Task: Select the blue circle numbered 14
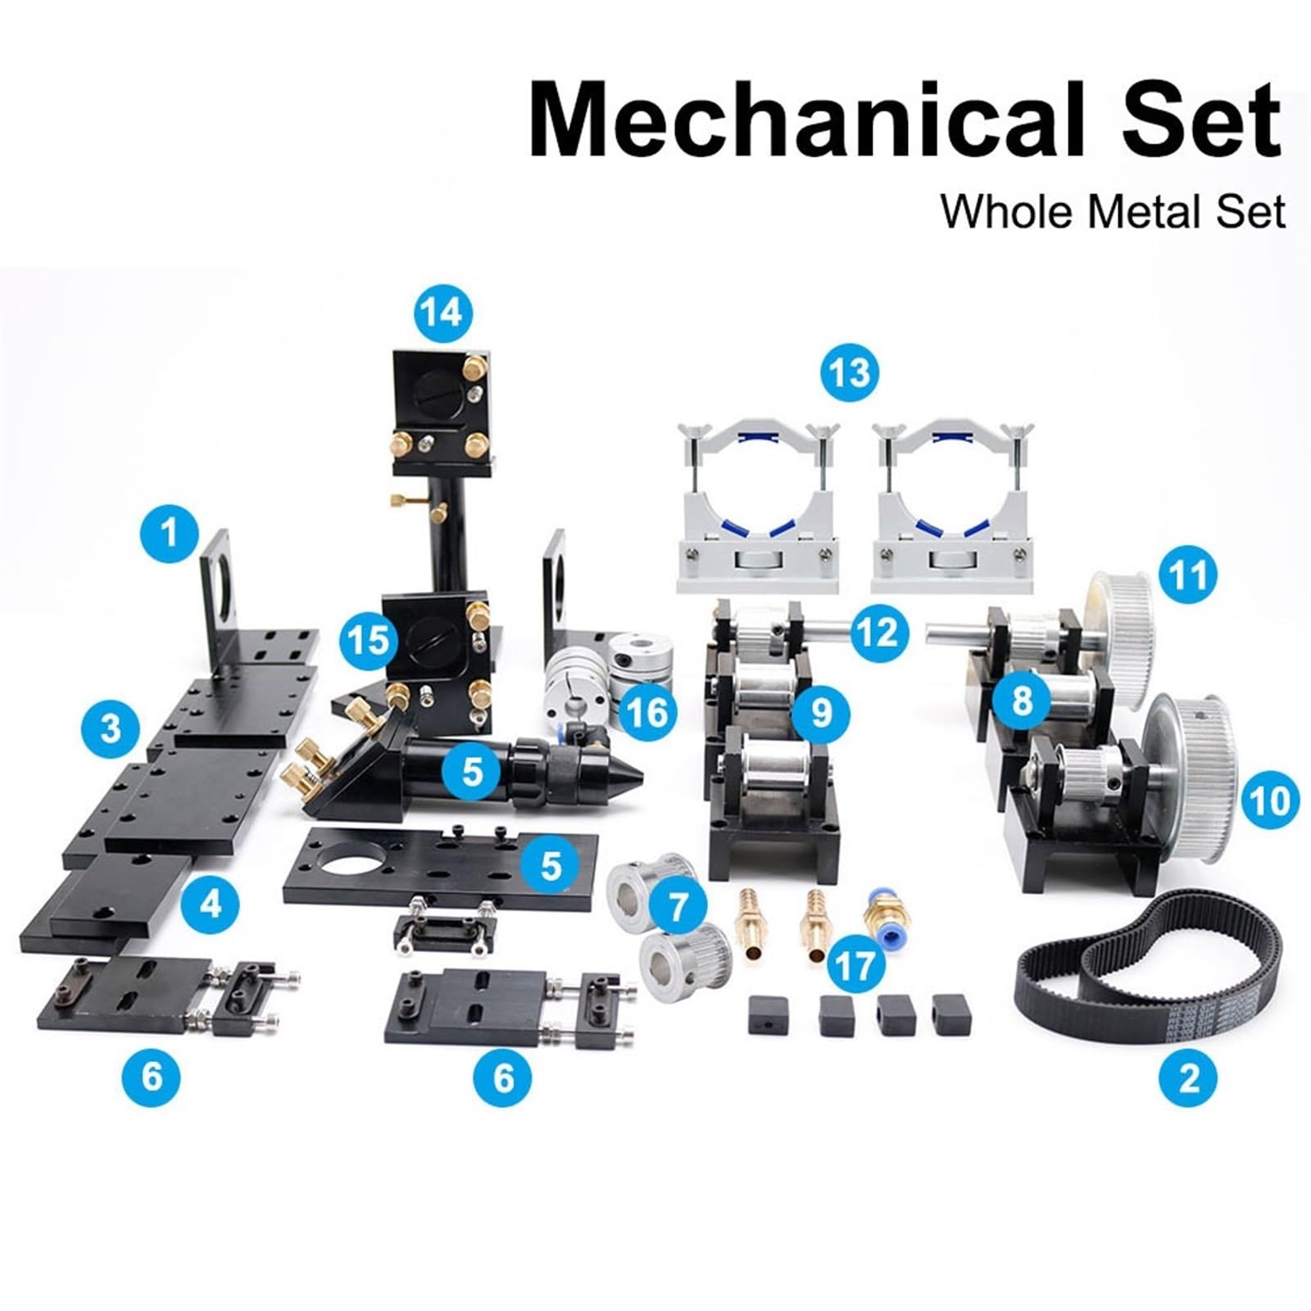tap(443, 312)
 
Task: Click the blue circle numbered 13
tap(849, 373)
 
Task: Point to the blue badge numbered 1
tap(169, 534)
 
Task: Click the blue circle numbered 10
tap(1270, 799)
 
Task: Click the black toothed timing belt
tap(1147, 967)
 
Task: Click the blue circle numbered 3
tap(111, 727)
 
